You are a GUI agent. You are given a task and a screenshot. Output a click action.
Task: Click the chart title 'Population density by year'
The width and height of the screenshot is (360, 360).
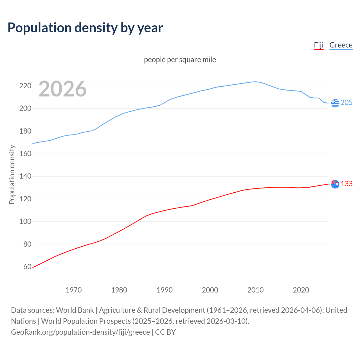click(85, 28)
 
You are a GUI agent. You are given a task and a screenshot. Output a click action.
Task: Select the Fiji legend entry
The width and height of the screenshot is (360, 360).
click(319, 45)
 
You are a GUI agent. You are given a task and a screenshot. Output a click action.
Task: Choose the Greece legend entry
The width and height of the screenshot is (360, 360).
click(341, 45)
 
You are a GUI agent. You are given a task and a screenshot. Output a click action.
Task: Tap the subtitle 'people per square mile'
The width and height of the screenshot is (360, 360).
click(180, 60)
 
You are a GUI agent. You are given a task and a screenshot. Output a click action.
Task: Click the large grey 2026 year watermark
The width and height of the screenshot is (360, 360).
click(62, 89)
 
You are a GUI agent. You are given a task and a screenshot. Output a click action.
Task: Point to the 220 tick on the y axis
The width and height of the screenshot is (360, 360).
click(25, 86)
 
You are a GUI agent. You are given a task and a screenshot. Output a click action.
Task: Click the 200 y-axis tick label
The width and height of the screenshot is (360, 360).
click(25, 108)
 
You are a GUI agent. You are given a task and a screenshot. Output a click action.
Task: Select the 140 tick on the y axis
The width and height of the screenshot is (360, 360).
click(25, 176)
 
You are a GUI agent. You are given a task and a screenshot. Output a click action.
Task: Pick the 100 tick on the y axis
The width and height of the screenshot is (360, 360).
click(25, 222)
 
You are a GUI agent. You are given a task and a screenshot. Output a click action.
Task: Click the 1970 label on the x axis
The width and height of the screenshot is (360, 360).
click(74, 290)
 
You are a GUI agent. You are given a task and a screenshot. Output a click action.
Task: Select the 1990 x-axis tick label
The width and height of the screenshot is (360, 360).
click(165, 290)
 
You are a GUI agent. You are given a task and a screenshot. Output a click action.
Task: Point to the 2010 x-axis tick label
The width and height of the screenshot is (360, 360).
click(255, 290)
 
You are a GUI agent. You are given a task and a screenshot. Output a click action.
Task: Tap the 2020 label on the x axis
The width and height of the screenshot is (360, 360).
click(301, 290)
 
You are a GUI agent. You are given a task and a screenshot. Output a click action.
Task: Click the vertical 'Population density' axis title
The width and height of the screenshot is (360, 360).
click(12, 174)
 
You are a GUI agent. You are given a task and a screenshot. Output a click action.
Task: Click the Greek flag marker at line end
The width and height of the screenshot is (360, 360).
click(335, 103)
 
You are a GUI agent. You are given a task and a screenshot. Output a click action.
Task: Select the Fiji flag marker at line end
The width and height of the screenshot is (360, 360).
click(335, 184)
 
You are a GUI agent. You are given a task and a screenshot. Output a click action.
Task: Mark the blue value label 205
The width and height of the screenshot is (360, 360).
click(346, 103)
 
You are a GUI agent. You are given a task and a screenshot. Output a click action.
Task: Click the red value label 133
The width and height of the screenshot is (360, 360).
click(346, 184)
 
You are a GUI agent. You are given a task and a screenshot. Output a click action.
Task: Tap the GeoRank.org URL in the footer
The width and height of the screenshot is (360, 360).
click(80, 332)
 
